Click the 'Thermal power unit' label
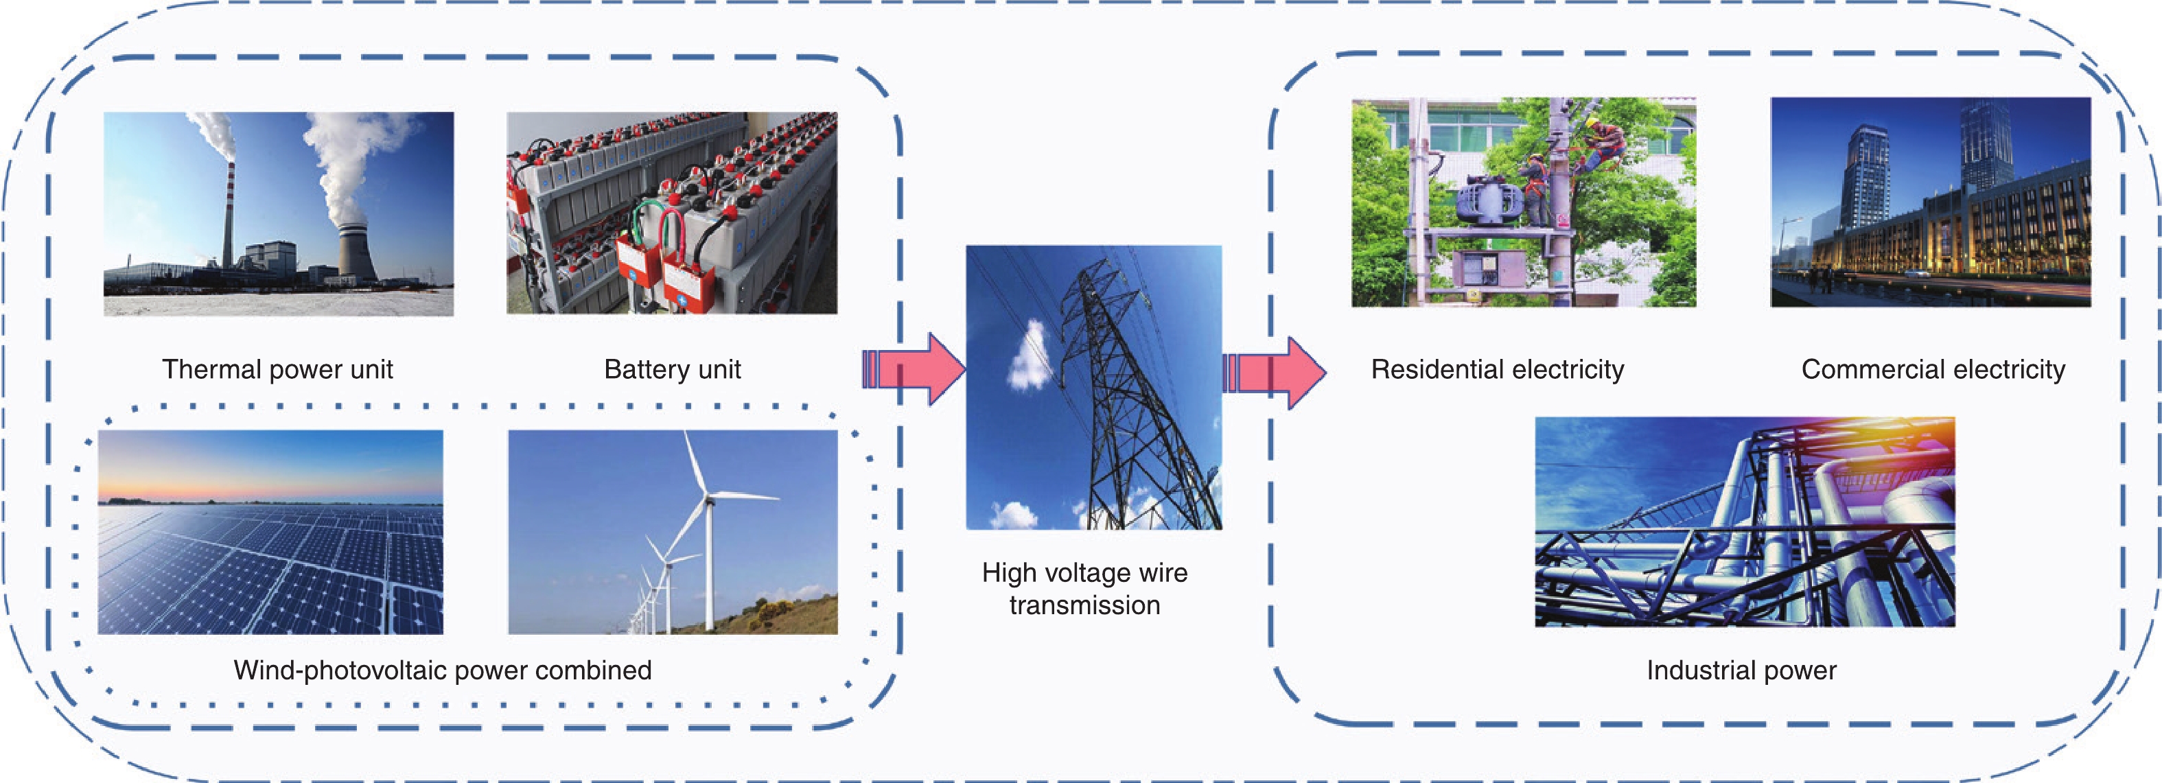[x=277, y=369]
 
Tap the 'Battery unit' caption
[x=672, y=369]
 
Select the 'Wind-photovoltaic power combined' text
[x=442, y=670]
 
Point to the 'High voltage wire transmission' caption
[x=1084, y=588]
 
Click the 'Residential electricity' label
[x=1498, y=369]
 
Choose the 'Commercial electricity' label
[x=1933, y=369]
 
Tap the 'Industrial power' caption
[x=1741, y=670]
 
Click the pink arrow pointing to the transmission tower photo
[x=915, y=369]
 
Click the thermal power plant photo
[x=278, y=214]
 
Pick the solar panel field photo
[x=270, y=532]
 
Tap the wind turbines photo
[x=672, y=532]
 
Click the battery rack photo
[x=671, y=213]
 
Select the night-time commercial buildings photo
[x=1930, y=202]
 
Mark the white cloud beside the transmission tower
[x=1032, y=358]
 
